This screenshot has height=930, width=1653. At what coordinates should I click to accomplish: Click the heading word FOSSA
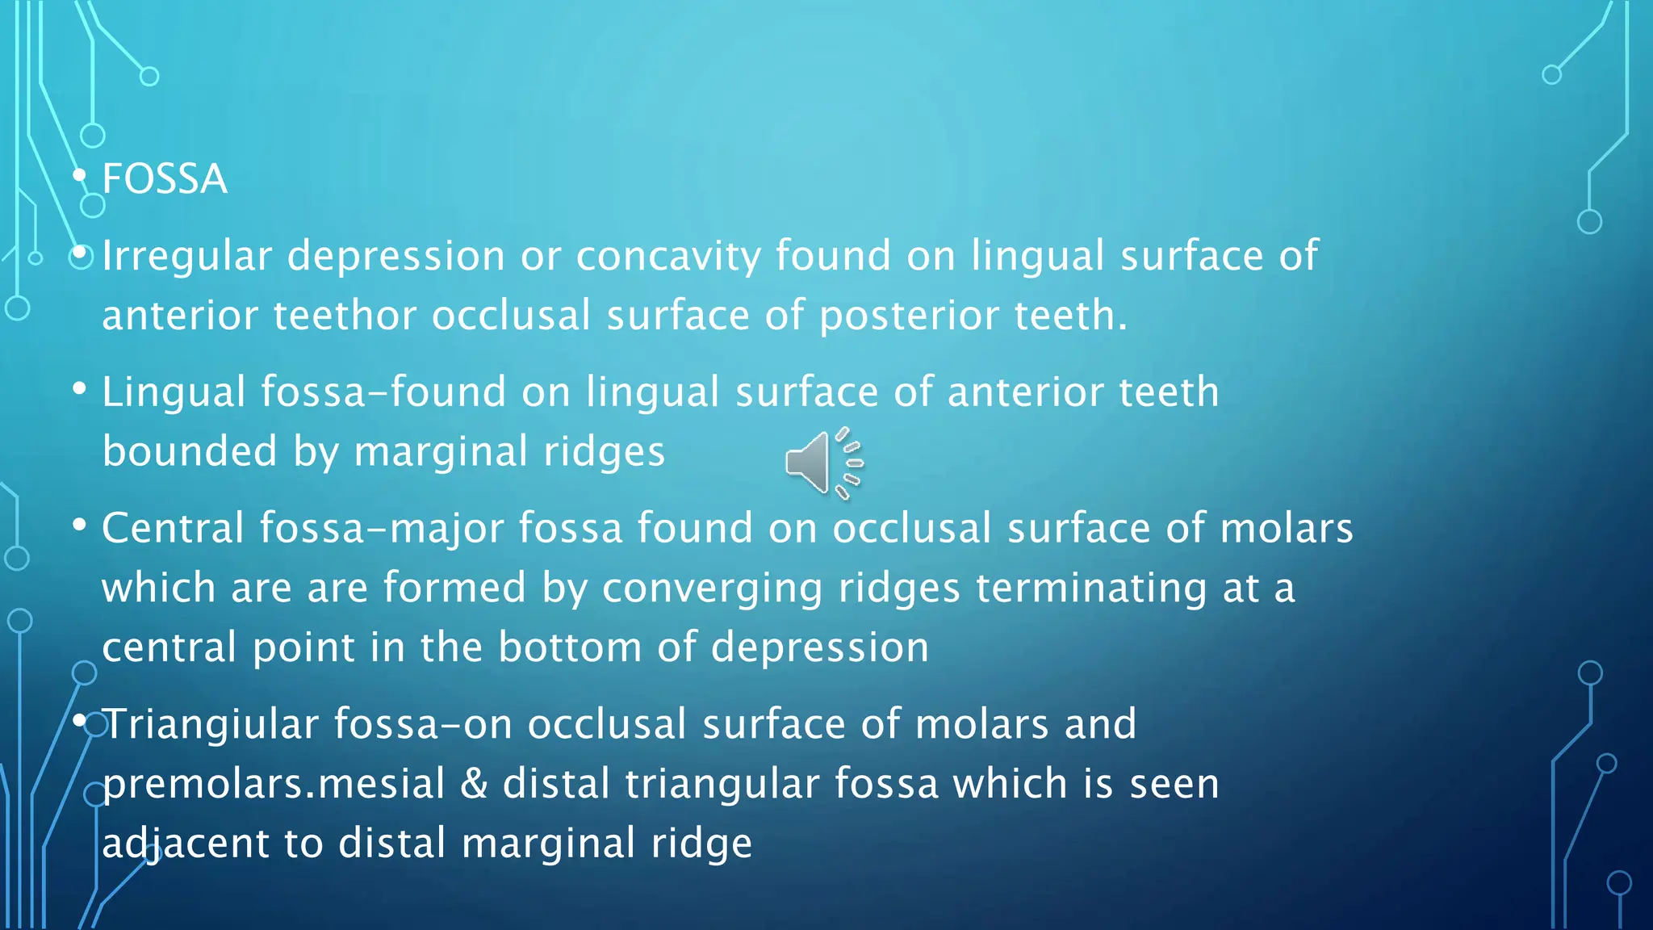tap(165, 179)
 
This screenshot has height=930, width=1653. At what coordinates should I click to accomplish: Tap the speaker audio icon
tap(823, 463)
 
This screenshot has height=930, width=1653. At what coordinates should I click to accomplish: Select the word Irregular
tap(186, 257)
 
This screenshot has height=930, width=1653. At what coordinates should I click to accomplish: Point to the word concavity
tap(667, 257)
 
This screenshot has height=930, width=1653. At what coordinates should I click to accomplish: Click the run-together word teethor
tap(345, 316)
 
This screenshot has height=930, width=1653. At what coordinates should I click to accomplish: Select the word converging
tap(712, 589)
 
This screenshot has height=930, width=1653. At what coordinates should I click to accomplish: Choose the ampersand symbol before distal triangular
tap(474, 784)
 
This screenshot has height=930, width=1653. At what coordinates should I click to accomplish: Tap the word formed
tap(454, 588)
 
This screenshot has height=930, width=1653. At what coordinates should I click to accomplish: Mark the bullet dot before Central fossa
tap(79, 526)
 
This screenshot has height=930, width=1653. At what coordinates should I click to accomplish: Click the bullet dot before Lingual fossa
tap(79, 390)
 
